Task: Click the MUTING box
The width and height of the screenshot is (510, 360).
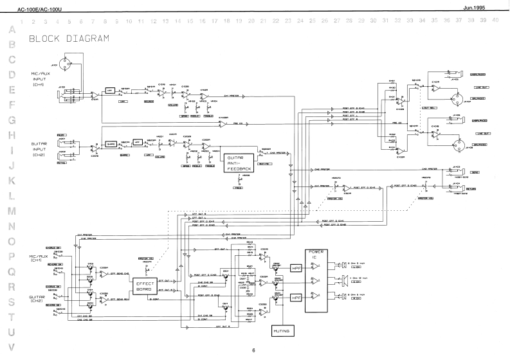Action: click(283, 330)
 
